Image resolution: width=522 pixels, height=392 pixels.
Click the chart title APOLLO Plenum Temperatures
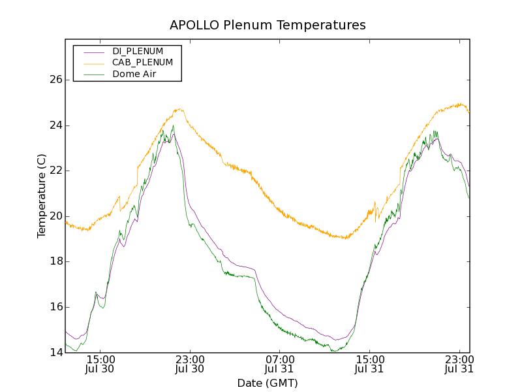click(x=268, y=25)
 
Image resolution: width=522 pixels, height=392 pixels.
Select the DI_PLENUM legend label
click(x=138, y=51)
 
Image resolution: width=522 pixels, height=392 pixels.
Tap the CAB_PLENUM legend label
click(x=142, y=63)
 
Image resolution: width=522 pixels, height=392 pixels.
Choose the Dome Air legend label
click(x=134, y=74)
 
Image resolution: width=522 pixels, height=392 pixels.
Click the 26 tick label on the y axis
click(x=55, y=80)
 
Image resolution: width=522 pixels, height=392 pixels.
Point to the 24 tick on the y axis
click(x=55, y=125)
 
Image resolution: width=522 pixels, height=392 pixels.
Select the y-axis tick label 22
click(x=55, y=171)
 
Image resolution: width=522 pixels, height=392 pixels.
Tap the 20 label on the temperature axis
click(x=55, y=216)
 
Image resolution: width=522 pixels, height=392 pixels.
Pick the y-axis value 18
click(x=55, y=261)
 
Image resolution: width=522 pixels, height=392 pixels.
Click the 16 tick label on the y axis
click(x=55, y=307)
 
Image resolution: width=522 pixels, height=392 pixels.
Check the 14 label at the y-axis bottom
click(x=55, y=353)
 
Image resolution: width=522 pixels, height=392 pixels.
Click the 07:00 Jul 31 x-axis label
click(x=279, y=364)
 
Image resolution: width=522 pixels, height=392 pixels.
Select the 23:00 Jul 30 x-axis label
click(x=190, y=364)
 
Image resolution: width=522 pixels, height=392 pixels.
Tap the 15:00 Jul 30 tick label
click(x=100, y=364)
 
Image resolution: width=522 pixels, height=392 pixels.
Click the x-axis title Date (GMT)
click(x=268, y=383)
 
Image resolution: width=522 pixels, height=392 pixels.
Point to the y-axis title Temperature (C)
click(x=42, y=196)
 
